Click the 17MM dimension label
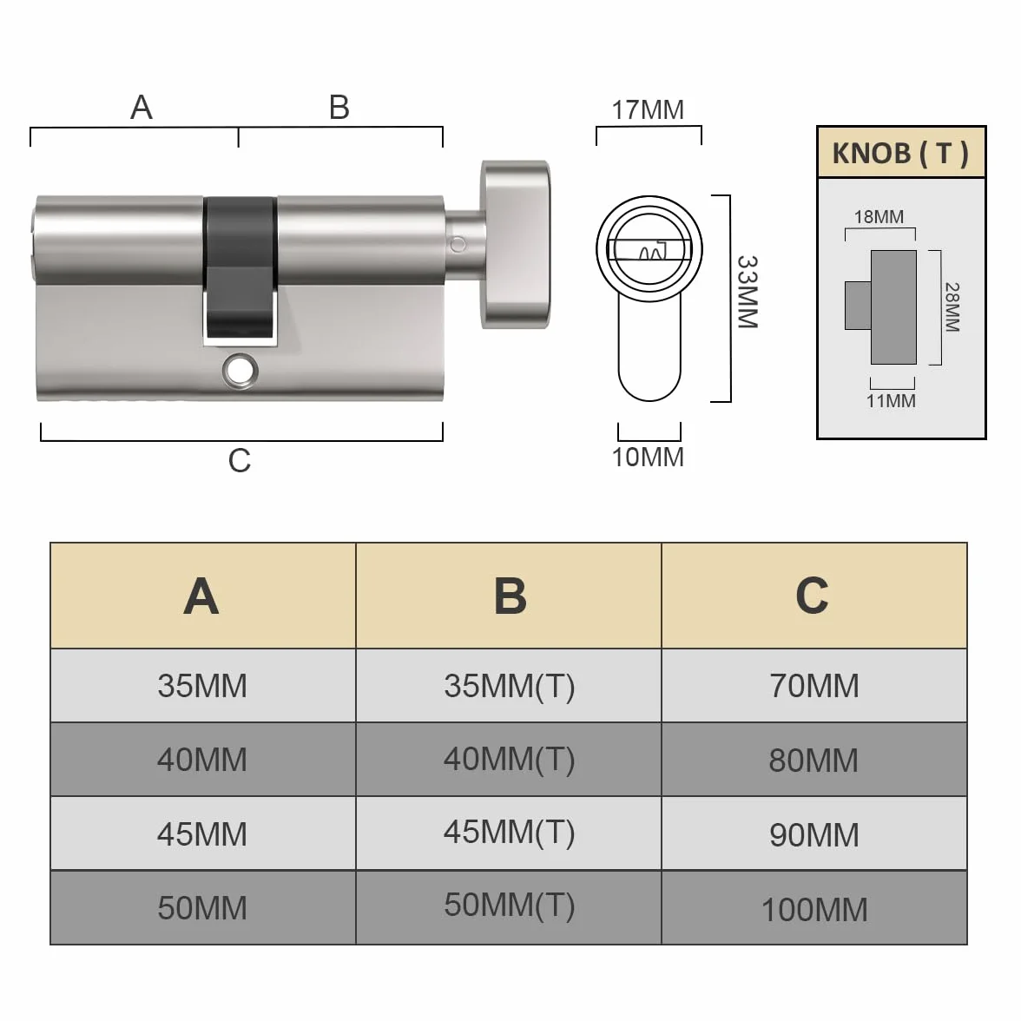648,110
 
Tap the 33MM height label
748,292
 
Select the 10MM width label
648,457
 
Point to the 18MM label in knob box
879,217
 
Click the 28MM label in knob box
952,307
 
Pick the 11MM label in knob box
891,401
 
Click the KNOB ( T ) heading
900,154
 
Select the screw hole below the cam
240,372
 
